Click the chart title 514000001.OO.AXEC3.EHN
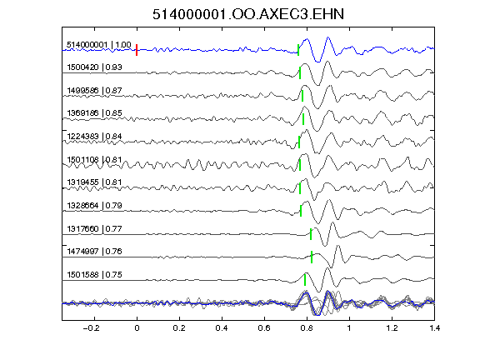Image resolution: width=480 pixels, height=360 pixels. tap(248, 14)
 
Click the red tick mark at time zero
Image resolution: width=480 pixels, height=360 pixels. tap(137, 50)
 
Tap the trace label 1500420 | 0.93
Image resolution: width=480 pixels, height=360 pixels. tap(94, 67)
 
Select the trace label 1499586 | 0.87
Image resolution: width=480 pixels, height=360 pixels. tap(94, 91)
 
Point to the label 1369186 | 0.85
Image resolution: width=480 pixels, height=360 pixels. tap(94, 113)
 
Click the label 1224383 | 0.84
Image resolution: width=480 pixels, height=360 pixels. tap(94, 136)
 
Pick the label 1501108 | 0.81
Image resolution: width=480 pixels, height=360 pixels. tap(94, 159)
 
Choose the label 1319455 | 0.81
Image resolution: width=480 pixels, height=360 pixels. tap(94, 182)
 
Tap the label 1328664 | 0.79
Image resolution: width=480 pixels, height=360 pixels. tap(94, 205)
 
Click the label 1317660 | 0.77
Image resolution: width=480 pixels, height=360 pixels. tap(94, 228)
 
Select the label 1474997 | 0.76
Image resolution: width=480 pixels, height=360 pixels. tap(94, 252)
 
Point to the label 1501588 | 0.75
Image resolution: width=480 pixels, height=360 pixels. tap(94, 275)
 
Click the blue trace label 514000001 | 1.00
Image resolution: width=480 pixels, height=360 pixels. tap(99, 45)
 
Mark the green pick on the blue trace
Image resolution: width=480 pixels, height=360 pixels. tap(298, 50)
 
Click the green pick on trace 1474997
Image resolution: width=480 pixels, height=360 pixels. tap(312, 257)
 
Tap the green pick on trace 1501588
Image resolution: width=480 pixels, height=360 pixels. tap(305, 280)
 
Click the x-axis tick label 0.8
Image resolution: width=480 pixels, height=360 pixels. tap(307, 328)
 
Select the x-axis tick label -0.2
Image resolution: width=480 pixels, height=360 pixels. tap(92, 328)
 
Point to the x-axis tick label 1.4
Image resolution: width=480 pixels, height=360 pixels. tap(435, 328)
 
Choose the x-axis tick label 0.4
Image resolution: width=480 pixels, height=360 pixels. tap(222, 328)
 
